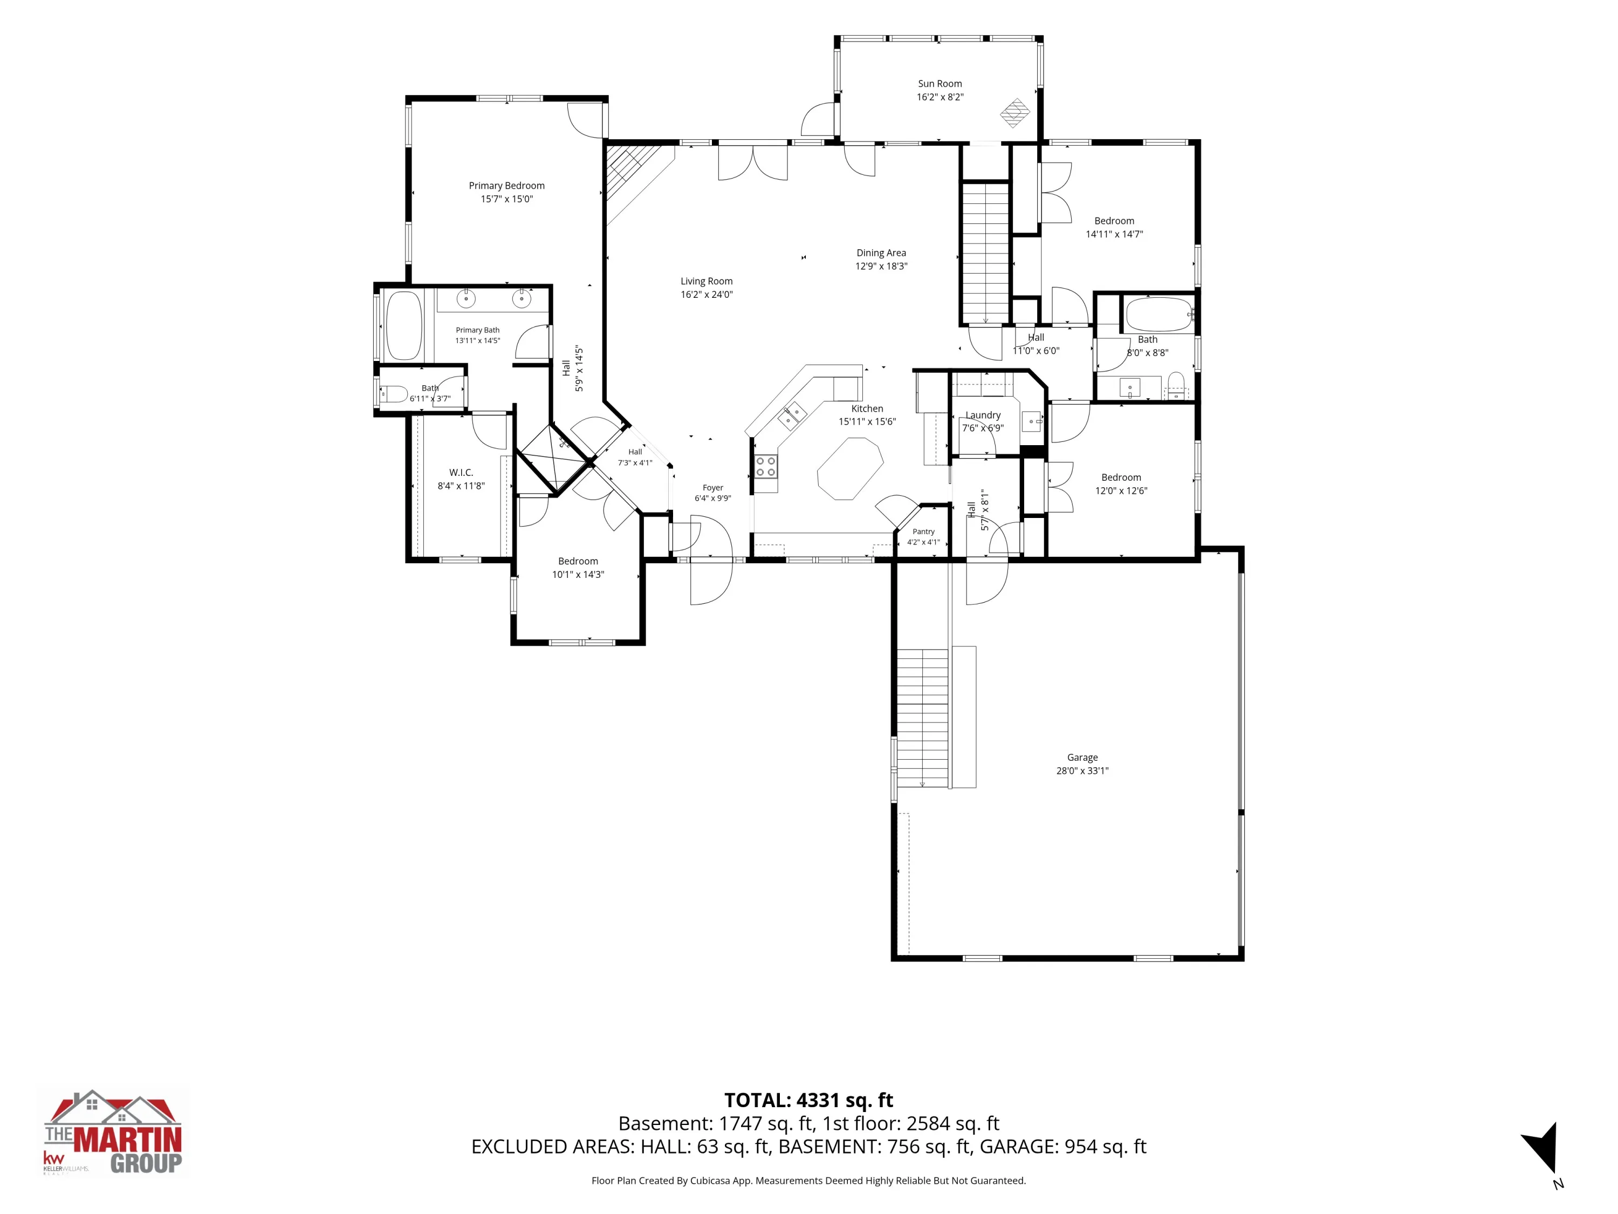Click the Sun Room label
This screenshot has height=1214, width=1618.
940,84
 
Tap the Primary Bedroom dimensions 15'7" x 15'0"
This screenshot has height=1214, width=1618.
507,199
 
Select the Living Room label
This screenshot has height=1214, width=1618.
707,281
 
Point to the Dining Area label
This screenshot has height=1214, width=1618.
881,253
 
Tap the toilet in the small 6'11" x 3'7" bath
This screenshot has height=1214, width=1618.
393,394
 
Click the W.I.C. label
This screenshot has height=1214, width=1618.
461,473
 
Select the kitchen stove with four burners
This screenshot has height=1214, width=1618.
766,467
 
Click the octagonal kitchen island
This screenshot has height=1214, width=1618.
850,468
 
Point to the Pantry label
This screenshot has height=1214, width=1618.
923,532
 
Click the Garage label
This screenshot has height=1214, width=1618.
1082,758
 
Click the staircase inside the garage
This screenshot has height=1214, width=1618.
922,717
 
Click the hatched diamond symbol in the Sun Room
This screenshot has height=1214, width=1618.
1015,113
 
